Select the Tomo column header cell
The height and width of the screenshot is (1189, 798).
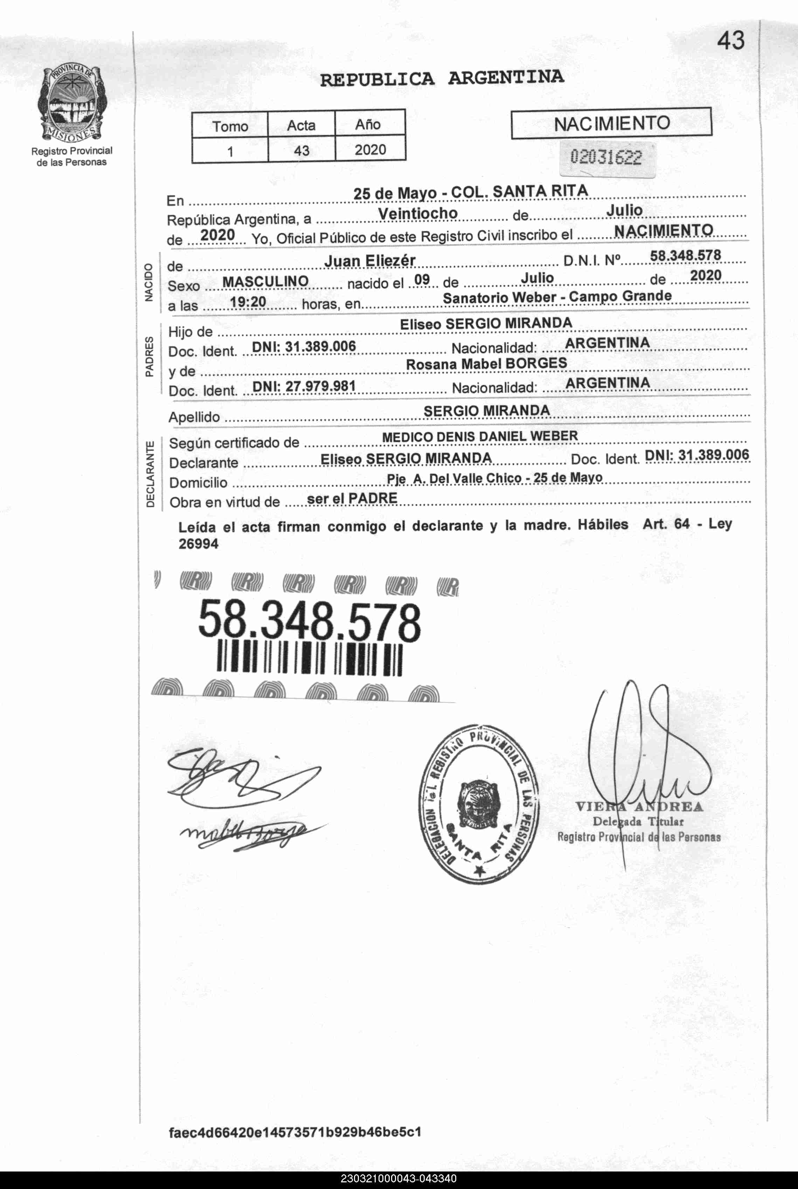point(230,126)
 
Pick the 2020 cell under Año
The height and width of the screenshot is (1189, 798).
point(370,149)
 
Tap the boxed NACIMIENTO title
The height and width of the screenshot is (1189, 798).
point(611,123)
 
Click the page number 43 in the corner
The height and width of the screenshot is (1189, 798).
point(730,41)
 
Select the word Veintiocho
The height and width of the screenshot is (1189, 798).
point(418,213)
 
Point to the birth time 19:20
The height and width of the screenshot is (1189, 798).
point(248,302)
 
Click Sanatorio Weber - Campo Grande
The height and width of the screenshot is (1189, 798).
point(557,296)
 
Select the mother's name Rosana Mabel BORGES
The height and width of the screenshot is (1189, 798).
point(486,364)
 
